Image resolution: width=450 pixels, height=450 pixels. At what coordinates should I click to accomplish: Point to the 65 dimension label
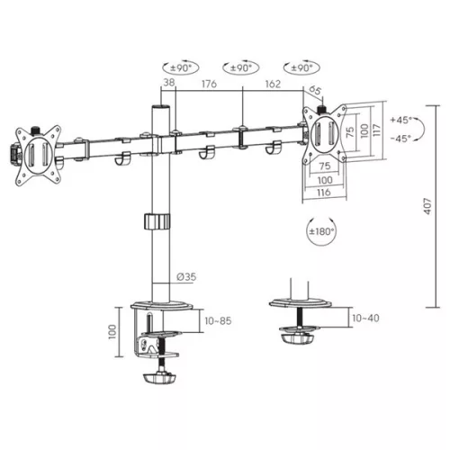tap(316, 90)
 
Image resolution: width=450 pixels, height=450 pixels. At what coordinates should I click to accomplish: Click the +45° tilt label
tap(401, 120)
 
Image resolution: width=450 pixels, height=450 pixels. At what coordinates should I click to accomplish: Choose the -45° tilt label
tap(401, 138)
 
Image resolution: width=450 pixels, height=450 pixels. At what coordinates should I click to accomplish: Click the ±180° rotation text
tap(320, 232)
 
